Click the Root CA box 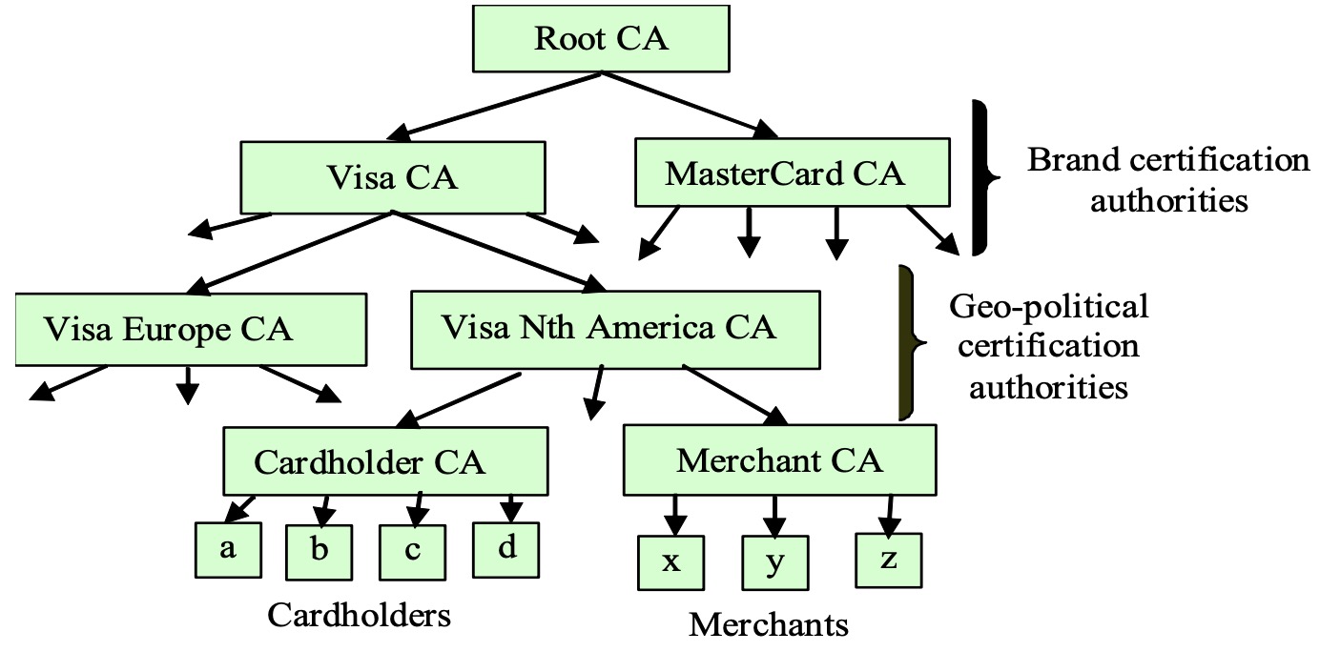click(601, 39)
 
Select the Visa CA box click(393, 177)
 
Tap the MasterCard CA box click(793, 173)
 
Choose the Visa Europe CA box click(191, 330)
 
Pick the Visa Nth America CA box click(615, 330)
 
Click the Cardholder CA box click(385, 461)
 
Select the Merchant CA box click(779, 460)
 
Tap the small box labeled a click(228, 550)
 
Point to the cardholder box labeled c click(412, 553)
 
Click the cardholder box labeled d click(506, 550)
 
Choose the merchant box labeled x click(671, 562)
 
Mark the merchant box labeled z click(889, 560)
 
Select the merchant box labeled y click(775, 562)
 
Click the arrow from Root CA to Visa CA click(494, 106)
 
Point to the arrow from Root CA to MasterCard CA click(690, 105)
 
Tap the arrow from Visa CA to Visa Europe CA click(289, 254)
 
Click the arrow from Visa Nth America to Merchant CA click(735, 395)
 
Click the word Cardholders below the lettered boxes click(359, 616)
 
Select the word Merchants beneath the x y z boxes click(769, 624)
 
